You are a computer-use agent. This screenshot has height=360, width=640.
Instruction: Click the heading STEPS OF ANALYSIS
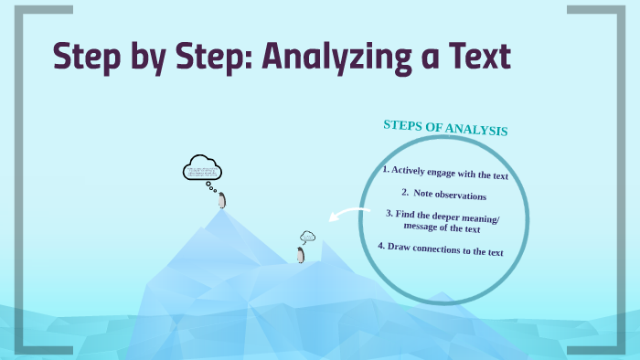[444, 128]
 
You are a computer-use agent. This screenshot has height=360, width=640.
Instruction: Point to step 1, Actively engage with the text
[445, 173]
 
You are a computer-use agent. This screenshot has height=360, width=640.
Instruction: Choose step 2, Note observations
[443, 195]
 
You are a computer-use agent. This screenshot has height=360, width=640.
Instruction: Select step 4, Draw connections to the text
[441, 249]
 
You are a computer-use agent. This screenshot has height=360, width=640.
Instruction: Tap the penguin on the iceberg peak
[221, 200]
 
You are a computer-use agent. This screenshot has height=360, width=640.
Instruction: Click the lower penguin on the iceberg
[300, 255]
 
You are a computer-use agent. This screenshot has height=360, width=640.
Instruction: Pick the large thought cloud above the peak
[203, 170]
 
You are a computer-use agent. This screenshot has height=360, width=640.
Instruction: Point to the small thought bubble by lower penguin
[307, 237]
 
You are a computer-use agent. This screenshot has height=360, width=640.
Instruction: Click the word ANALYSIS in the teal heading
[477, 130]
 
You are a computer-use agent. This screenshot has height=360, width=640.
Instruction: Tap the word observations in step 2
[461, 196]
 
